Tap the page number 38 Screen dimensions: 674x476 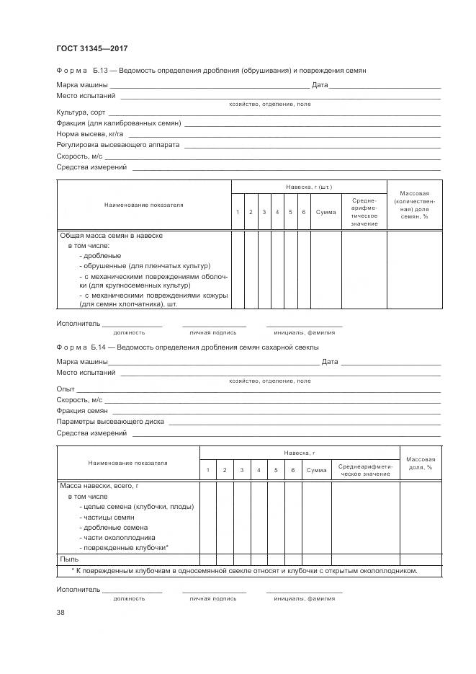tap(60, 612)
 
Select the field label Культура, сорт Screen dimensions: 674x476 tap(81, 112)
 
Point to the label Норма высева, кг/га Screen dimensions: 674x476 tap(90, 134)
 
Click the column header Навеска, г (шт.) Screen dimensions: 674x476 tap(308, 187)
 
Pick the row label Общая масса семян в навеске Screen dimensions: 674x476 tap(110, 236)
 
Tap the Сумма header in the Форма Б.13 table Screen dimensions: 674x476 tap(325, 212)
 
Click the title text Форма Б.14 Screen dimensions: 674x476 tap(81, 347)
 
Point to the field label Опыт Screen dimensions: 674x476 tap(66, 389)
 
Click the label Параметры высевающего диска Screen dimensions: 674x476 tap(110, 421)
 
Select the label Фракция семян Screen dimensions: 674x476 tap(81, 410)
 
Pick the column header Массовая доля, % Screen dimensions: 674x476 tap(419, 463)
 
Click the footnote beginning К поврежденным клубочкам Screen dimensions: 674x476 tap(245, 570)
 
